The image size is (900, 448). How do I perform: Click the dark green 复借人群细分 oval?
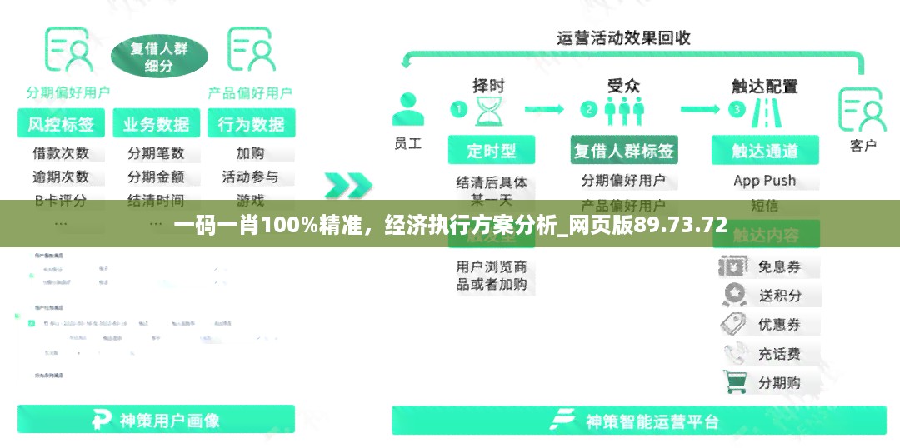click(x=159, y=57)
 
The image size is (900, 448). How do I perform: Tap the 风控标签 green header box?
click(x=61, y=124)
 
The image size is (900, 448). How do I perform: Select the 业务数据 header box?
click(x=156, y=124)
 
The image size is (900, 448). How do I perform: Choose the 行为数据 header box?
click(x=251, y=124)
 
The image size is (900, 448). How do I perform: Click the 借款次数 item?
click(x=61, y=153)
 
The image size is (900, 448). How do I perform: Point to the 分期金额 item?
click(x=156, y=177)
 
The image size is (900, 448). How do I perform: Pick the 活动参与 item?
click(x=251, y=177)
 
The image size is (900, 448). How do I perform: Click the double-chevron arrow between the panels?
click(x=347, y=185)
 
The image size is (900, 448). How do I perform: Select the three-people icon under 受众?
click(x=623, y=111)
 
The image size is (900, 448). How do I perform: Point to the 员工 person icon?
click(x=407, y=109)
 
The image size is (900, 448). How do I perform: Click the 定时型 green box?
click(x=492, y=151)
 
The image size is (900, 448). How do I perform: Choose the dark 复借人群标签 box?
click(x=623, y=151)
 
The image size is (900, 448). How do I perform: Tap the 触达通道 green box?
click(x=765, y=151)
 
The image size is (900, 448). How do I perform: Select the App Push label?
click(x=765, y=180)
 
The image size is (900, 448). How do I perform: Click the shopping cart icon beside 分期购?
click(x=736, y=381)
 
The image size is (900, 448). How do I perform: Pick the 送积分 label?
click(x=780, y=295)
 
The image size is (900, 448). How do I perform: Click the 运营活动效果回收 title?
click(x=623, y=38)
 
